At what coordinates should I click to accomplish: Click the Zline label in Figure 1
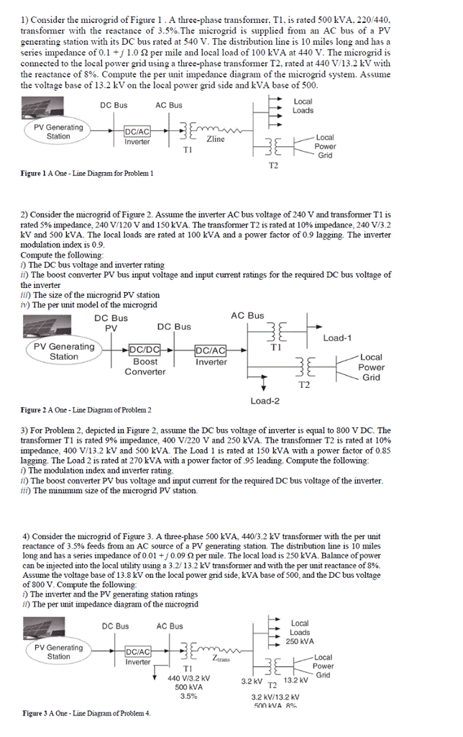tap(216, 140)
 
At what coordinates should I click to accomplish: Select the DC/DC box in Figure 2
tap(145, 351)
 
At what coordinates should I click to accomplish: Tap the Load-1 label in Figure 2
tap(338, 338)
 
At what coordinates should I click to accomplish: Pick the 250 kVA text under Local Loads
tap(300, 641)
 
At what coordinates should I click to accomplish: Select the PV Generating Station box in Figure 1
tap(58, 132)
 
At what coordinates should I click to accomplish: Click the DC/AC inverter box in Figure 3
tap(137, 652)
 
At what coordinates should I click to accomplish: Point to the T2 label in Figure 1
tap(273, 166)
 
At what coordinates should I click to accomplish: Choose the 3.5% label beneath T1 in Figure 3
tap(188, 696)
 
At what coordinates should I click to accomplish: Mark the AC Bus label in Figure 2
tap(247, 316)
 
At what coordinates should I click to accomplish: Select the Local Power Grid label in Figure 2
tap(371, 367)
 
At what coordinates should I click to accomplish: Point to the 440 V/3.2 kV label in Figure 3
tap(188, 678)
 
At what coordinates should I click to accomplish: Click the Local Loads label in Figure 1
tap(303, 106)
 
